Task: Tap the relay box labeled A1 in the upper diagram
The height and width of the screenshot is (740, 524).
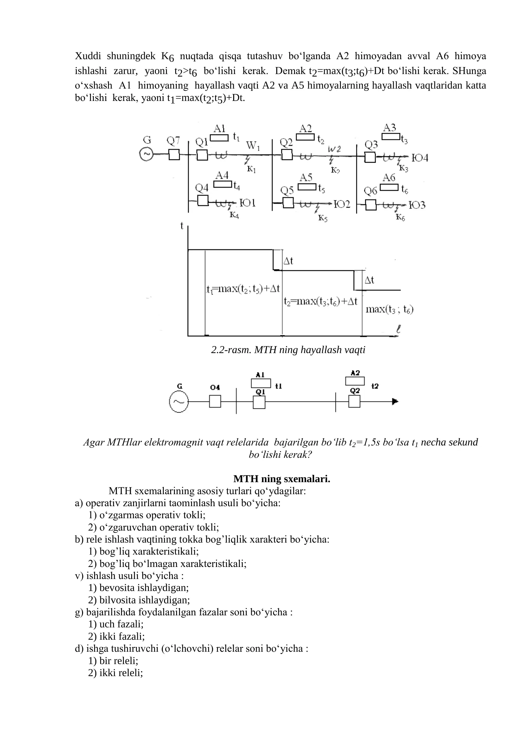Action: pyautogui.click(x=220, y=138)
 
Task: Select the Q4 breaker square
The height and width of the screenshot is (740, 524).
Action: pyautogui.click(x=203, y=201)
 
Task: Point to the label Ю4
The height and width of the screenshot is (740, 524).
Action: pyautogui.click(x=420, y=158)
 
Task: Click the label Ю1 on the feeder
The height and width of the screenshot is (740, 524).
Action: pyautogui.click(x=247, y=203)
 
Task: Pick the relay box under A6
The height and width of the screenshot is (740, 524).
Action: pyautogui.click(x=389, y=187)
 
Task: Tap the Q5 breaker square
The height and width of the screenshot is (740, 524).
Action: pyautogui.click(x=288, y=203)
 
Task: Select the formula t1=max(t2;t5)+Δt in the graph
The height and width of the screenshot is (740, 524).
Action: pyautogui.click(x=243, y=289)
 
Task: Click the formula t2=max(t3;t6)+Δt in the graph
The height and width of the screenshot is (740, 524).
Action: pyautogui.click(x=321, y=302)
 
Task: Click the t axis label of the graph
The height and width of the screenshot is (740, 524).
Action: pyautogui.click(x=182, y=226)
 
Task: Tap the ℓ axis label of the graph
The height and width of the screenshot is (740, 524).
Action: pyautogui.click(x=399, y=329)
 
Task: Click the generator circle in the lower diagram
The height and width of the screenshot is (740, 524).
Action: pyautogui.click(x=178, y=401)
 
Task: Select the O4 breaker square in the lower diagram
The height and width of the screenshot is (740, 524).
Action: pyautogui.click(x=215, y=401)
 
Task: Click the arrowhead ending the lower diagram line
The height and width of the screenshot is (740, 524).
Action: pyautogui.click(x=395, y=401)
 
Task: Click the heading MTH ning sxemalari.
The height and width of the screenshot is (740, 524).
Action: pyautogui.click(x=282, y=479)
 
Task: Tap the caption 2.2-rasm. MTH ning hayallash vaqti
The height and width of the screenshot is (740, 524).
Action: pyautogui.click(x=288, y=350)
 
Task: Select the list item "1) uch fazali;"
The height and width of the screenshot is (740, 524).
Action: pyautogui.click(x=116, y=624)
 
